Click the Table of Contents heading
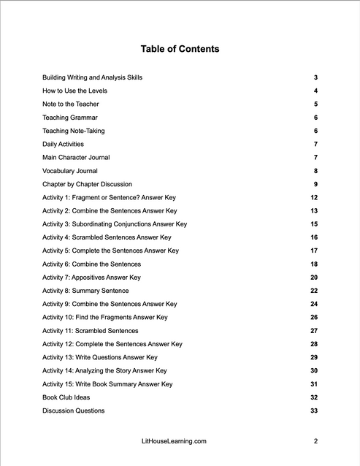180,49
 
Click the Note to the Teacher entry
71,104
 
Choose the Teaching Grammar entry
70,118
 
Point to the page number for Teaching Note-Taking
315,131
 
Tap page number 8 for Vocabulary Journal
315,171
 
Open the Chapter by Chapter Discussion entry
88,184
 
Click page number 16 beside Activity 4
314,237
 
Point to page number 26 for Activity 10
314,317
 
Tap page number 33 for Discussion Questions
314,410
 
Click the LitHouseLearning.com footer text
174,441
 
